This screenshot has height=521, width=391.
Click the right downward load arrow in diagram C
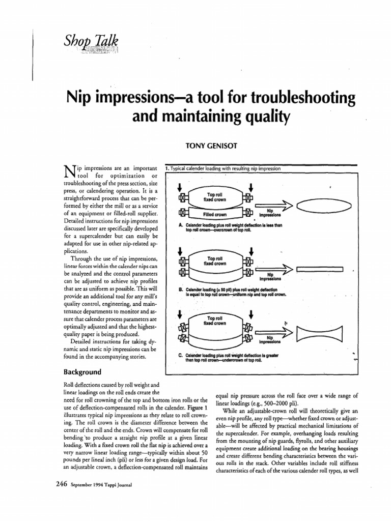tap(251, 314)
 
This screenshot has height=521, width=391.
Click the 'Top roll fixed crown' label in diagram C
tap(216, 321)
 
